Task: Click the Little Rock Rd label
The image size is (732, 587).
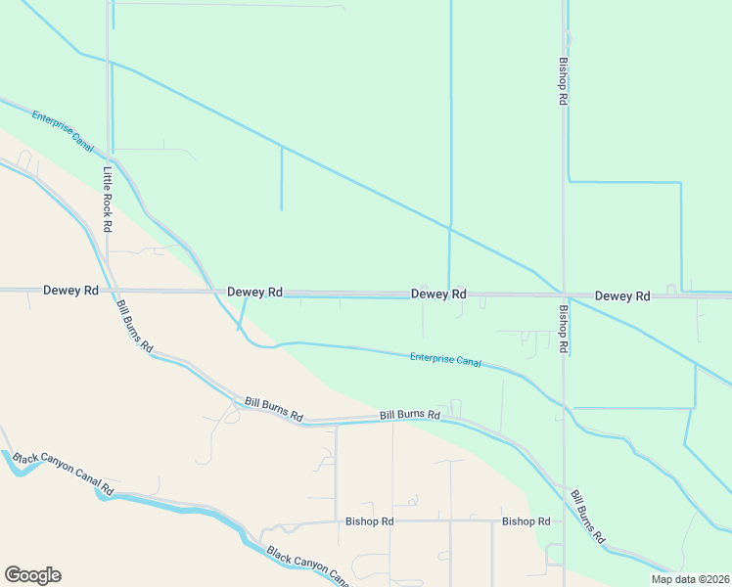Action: [108, 199]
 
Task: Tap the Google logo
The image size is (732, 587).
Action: [32, 575]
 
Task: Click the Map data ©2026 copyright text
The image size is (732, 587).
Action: [690, 579]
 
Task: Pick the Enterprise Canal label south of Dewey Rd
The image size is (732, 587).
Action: [445, 360]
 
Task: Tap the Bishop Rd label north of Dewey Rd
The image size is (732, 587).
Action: [563, 80]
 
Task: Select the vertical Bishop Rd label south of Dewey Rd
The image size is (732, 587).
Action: [563, 330]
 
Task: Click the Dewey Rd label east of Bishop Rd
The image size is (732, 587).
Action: [622, 295]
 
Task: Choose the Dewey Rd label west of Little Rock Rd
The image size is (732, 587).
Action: [70, 291]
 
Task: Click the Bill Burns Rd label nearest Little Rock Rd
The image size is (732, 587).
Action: [135, 327]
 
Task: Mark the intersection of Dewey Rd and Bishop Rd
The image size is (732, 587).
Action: [564, 294]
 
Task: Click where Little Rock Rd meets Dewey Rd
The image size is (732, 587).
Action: [109, 291]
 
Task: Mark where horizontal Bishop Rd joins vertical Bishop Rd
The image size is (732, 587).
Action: [564, 521]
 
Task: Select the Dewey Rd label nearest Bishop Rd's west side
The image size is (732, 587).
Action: [438, 293]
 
